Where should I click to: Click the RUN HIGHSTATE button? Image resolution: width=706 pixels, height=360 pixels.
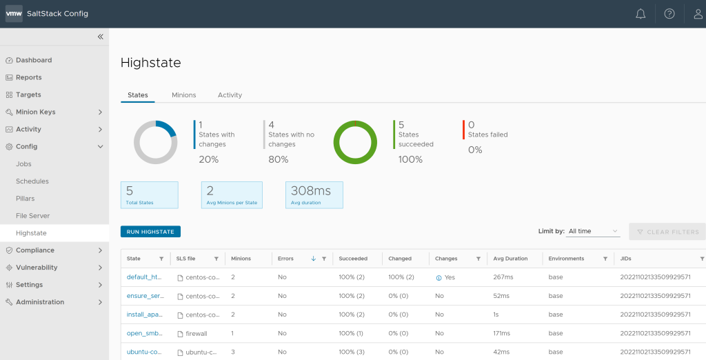(x=150, y=232)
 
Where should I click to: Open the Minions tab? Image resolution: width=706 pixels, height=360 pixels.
(x=184, y=95)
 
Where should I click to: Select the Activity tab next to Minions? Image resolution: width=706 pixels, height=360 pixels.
(x=230, y=95)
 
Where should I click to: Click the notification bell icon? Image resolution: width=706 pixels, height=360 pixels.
(x=641, y=14)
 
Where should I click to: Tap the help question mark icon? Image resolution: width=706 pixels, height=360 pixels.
(x=669, y=14)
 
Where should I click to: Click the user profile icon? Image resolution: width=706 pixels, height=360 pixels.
(x=698, y=14)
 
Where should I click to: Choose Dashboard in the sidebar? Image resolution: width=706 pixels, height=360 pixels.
(x=34, y=60)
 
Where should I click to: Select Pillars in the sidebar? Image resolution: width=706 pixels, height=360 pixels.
(x=26, y=199)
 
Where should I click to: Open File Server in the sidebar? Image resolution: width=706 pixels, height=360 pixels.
(x=33, y=216)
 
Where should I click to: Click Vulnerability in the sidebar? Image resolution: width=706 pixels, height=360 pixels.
(x=37, y=268)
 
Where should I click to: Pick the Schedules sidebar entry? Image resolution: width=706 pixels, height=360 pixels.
(x=32, y=181)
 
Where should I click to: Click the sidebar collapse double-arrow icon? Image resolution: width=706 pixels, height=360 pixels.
(x=100, y=37)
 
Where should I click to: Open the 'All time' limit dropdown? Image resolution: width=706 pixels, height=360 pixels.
(x=593, y=232)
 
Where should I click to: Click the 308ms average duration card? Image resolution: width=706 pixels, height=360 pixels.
(x=314, y=194)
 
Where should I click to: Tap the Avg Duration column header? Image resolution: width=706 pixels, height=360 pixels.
(x=511, y=259)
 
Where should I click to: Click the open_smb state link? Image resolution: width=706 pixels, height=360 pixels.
(x=143, y=333)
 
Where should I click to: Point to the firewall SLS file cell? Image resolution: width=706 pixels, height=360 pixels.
(x=196, y=333)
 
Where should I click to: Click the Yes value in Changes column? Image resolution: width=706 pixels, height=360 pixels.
(x=449, y=277)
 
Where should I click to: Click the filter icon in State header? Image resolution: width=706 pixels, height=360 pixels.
(x=161, y=259)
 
